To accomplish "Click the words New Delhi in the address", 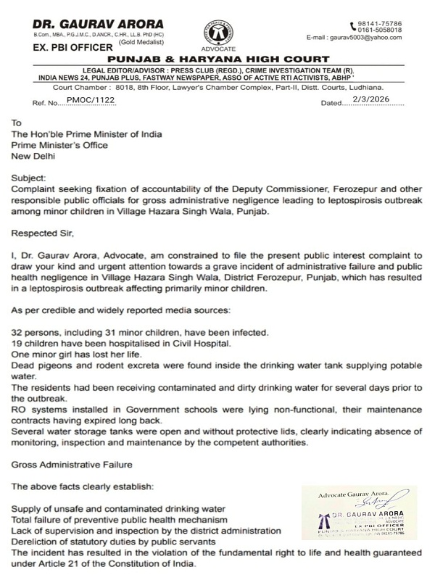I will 35,155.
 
